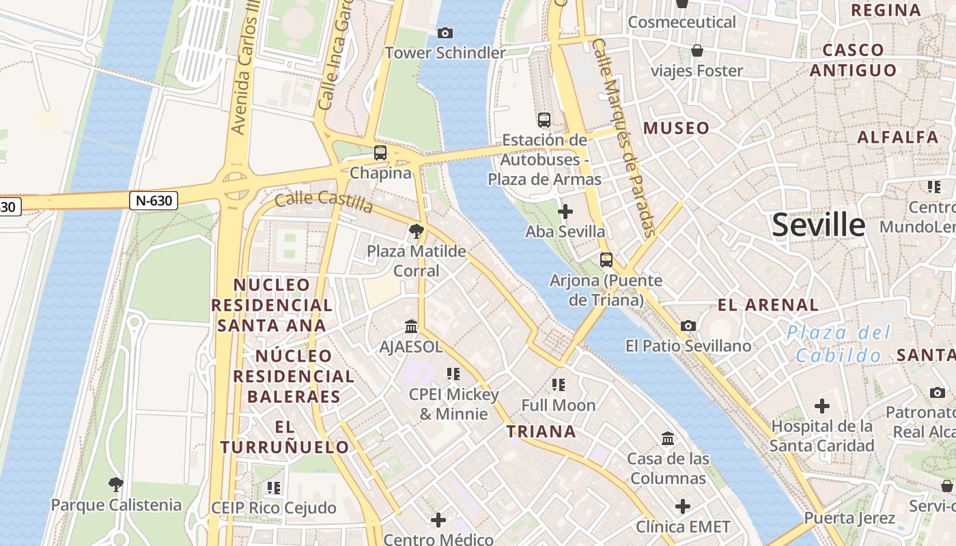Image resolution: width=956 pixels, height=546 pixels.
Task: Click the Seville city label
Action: tap(818, 225)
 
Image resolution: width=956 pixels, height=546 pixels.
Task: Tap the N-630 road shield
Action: tap(154, 200)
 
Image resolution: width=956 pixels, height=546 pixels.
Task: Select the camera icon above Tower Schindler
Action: tap(445, 33)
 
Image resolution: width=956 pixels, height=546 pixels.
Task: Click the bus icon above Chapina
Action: tap(380, 153)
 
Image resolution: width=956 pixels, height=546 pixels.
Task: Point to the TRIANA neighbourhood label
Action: tap(541, 431)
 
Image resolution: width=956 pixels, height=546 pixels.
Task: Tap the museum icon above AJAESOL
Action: tap(411, 326)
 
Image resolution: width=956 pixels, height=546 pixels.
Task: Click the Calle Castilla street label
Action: tap(324, 202)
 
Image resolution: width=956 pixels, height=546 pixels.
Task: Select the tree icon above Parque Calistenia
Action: tap(115, 485)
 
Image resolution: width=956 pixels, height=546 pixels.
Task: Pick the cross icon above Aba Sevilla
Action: tap(565, 212)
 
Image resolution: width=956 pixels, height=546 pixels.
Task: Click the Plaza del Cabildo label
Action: tap(839, 344)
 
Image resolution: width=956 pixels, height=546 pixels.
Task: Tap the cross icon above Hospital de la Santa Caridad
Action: tap(822, 406)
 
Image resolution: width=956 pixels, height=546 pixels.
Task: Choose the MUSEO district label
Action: tap(676, 128)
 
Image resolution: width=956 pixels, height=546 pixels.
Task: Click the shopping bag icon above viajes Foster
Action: tap(697, 51)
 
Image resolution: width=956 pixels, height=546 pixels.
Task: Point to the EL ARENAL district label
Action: tap(768, 305)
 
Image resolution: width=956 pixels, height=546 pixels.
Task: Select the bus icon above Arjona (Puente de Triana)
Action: tap(606, 260)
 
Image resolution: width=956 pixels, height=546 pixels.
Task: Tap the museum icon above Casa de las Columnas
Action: tap(668, 438)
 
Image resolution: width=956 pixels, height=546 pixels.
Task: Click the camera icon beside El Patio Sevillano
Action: tap(688, 326)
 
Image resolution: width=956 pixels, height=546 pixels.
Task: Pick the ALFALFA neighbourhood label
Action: tap(897, 137)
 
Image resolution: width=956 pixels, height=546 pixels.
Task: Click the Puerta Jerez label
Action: tap(849, 518)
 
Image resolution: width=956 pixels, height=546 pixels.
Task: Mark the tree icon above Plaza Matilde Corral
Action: tap(416, 231)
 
